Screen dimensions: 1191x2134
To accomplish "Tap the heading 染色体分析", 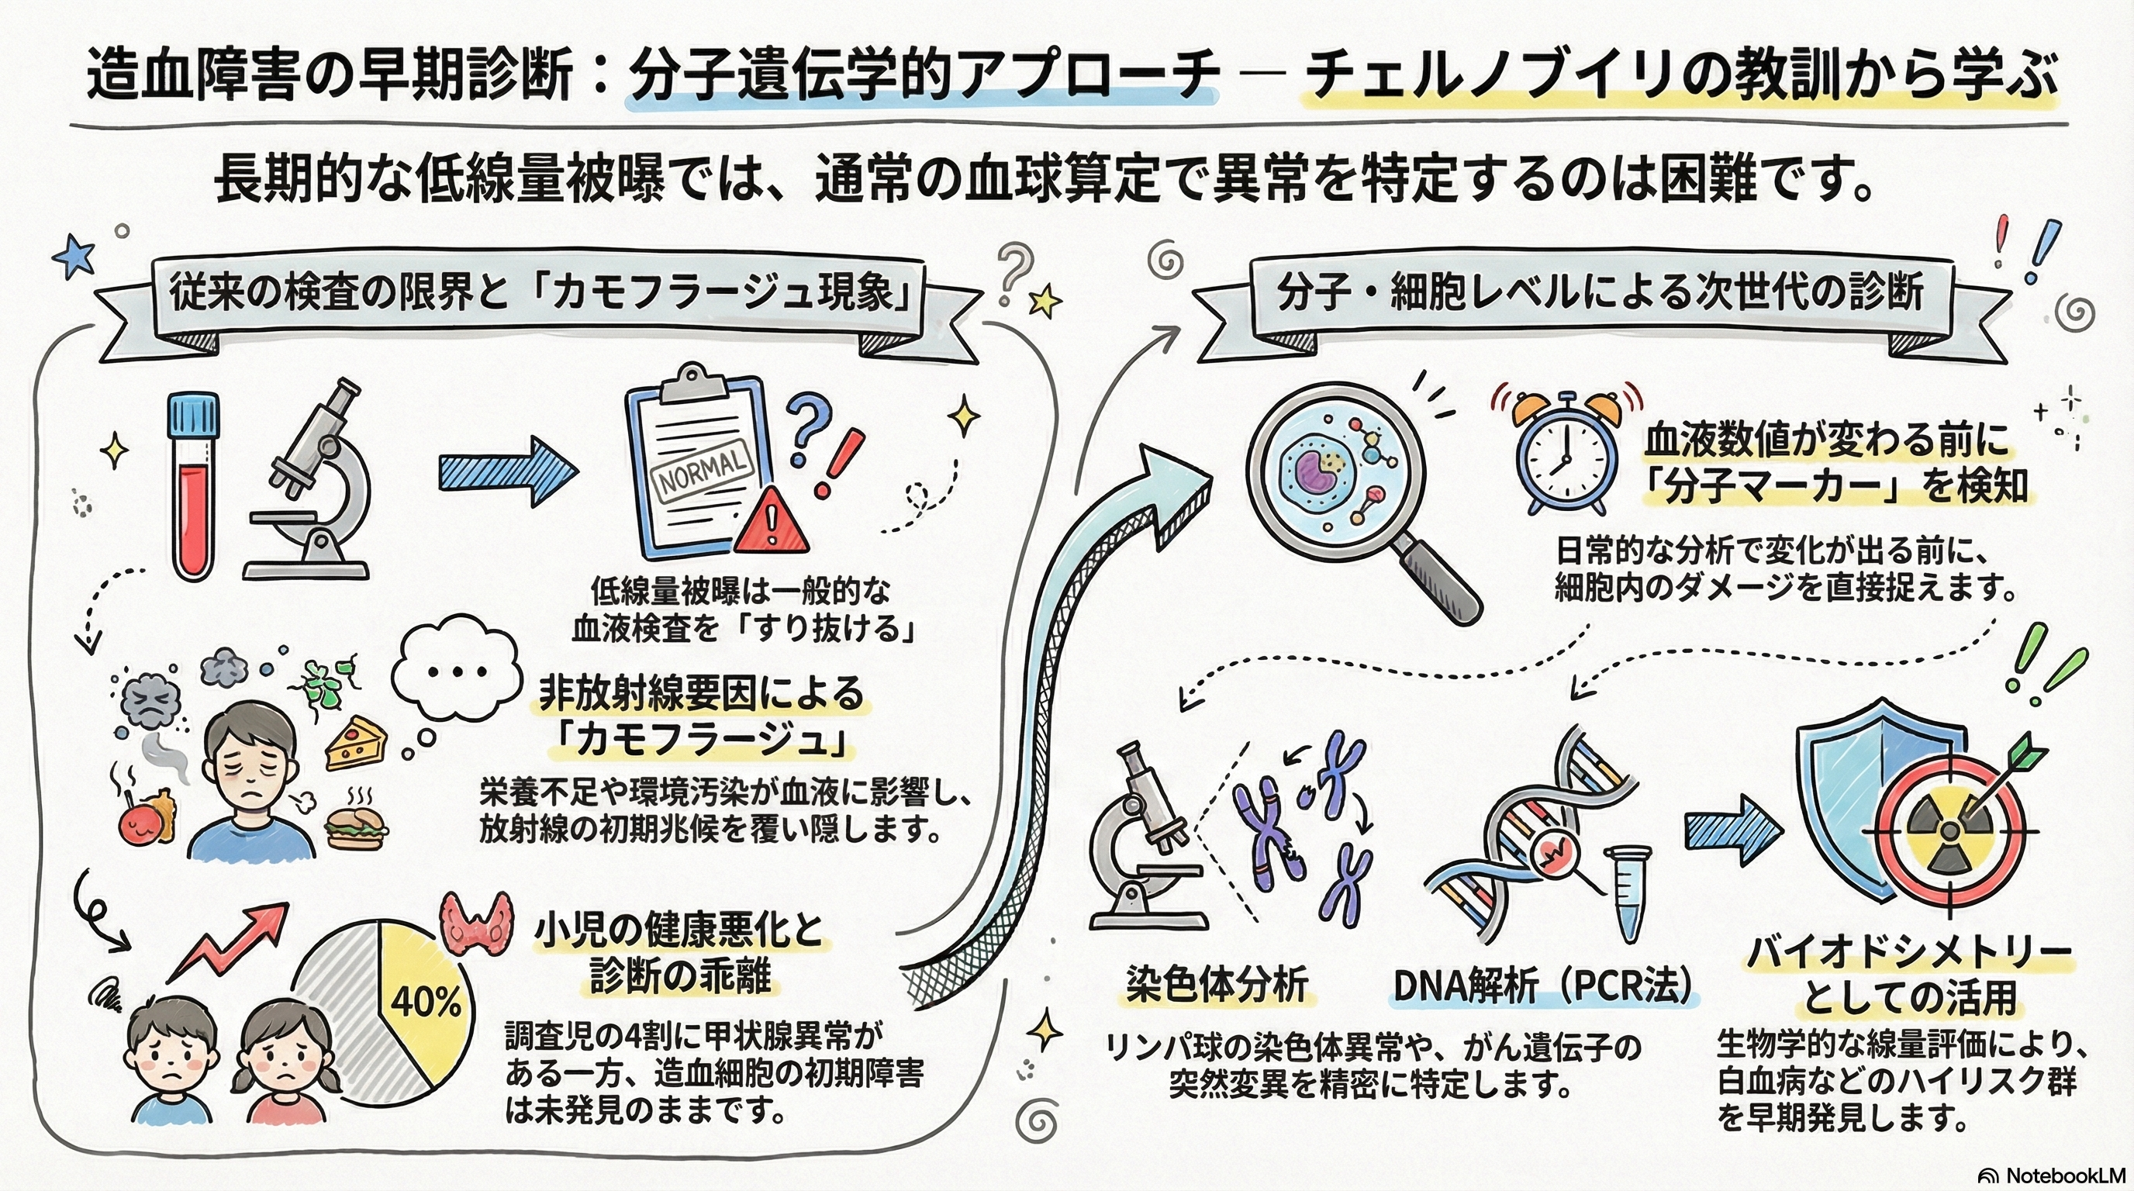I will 1217,985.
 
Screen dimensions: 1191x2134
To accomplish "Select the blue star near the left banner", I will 74,256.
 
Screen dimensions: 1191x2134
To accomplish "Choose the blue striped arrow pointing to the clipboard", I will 507,471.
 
